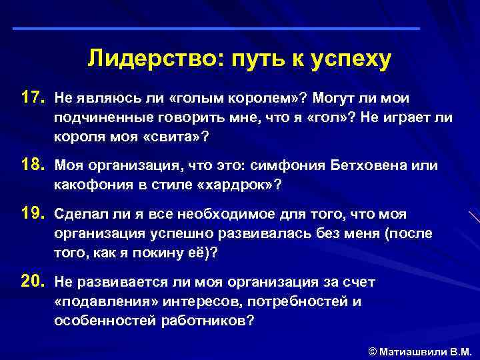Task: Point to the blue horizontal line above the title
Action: [217, 29]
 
